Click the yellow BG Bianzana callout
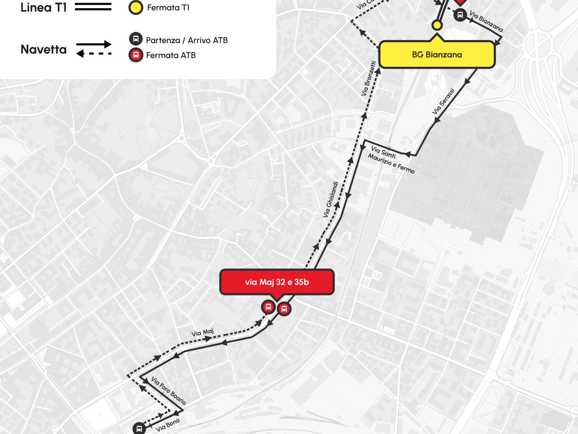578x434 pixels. coord(437,55)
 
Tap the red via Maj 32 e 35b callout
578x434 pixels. coord(277,282)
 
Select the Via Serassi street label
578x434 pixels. coord(443,104)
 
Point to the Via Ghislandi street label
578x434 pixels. coord(331,200)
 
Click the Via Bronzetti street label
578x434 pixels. coord(369,79)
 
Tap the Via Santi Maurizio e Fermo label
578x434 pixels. coord(391,160)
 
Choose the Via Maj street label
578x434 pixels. coord(203,333)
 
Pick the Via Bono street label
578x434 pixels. coord(168,425)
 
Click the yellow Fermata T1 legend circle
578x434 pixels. coord(136,8)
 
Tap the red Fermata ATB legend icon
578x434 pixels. coord(136,55)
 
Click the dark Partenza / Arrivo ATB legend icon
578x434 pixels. coord(136,39)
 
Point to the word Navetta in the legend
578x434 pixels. coord(44,50)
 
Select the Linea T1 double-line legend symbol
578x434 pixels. coord(93,7)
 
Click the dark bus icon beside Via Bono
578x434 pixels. coord(139,429)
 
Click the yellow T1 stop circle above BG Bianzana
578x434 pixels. coord(437,25)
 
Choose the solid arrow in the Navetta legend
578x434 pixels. coord(94,45)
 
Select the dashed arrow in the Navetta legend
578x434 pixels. coord(94,54)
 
